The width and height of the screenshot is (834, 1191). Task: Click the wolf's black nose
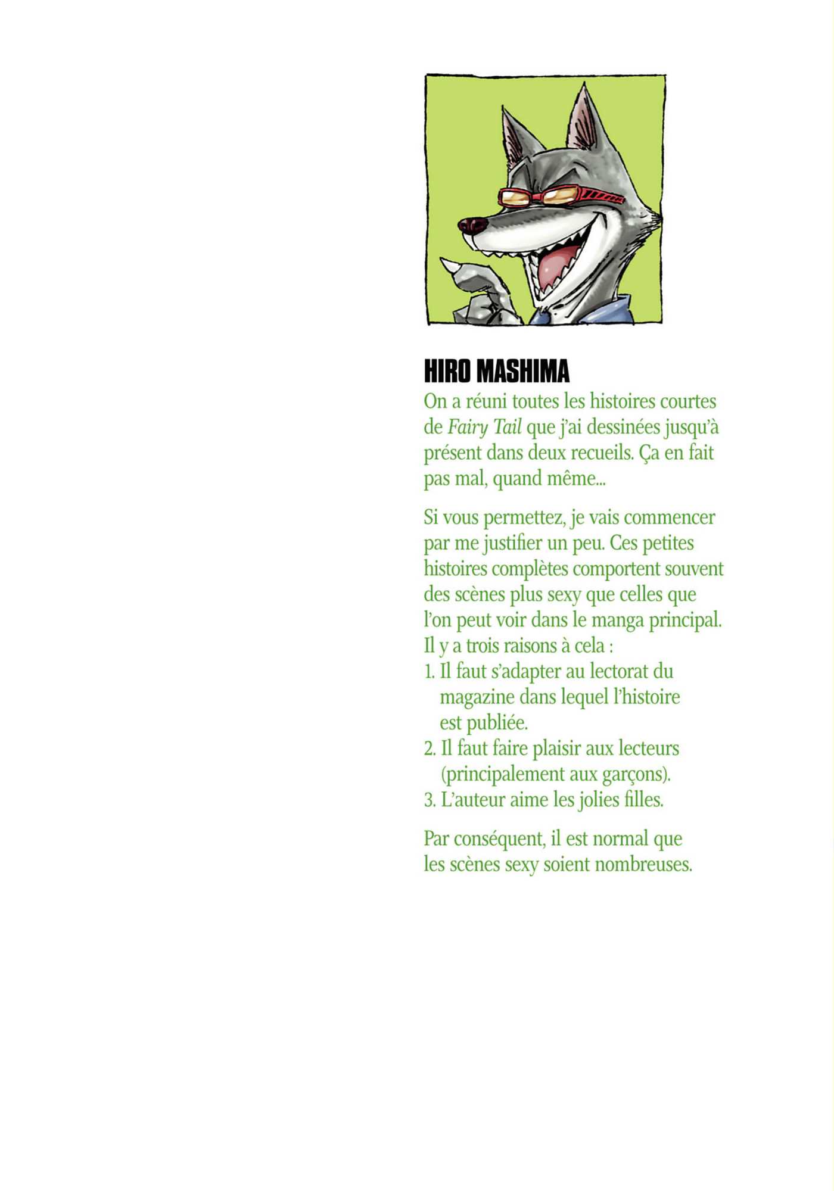click(472, 225)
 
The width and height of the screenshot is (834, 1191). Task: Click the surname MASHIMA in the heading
click(524, 371)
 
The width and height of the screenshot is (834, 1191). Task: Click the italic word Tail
click(506, 427)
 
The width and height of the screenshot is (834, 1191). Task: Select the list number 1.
click(428, 672)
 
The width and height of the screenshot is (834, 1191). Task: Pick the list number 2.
click(429, 749)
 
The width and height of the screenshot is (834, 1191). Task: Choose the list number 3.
click(429, 800)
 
